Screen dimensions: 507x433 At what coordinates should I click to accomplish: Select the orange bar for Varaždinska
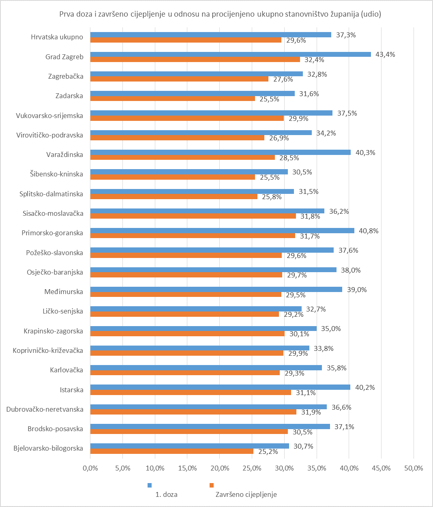click(x=182, y=157)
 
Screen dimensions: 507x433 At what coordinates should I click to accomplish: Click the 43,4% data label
click(x=385, y=54)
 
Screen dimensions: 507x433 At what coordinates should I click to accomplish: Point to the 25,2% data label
click(x=268, y=451)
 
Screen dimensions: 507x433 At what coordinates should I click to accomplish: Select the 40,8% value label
click(x=369, y=231)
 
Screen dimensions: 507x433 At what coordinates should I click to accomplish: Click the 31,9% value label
click(x=311, y=412)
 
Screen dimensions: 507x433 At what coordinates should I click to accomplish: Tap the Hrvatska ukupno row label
click(x=57, y=37)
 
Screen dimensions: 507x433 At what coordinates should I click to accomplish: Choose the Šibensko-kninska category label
click(x=56, y=174)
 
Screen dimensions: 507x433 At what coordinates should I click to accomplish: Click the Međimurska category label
click(x=64, y=292)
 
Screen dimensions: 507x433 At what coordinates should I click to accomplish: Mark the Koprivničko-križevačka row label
click(x=48, y=350)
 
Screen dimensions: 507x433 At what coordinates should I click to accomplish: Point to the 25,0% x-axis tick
click(x=252, y=468)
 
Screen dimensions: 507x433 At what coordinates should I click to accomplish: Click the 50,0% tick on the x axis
click(x=414, y=468)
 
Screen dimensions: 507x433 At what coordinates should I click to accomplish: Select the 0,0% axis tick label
click(x=90, y=468)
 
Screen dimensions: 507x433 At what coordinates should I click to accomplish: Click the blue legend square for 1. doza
click(x=150, y=485)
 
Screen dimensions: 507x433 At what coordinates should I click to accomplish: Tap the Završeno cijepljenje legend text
click(x=246, y=494)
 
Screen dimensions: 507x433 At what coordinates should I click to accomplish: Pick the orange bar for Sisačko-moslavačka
click(x=193, y=216)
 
